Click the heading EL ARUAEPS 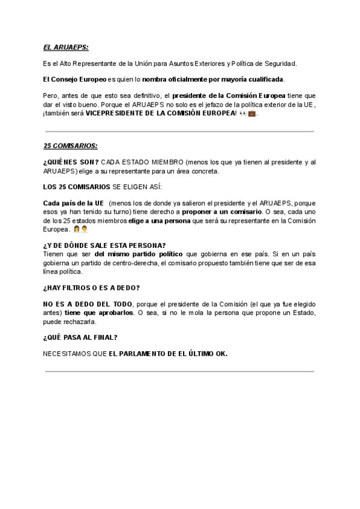[66, 47]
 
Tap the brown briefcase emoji [252, 113]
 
